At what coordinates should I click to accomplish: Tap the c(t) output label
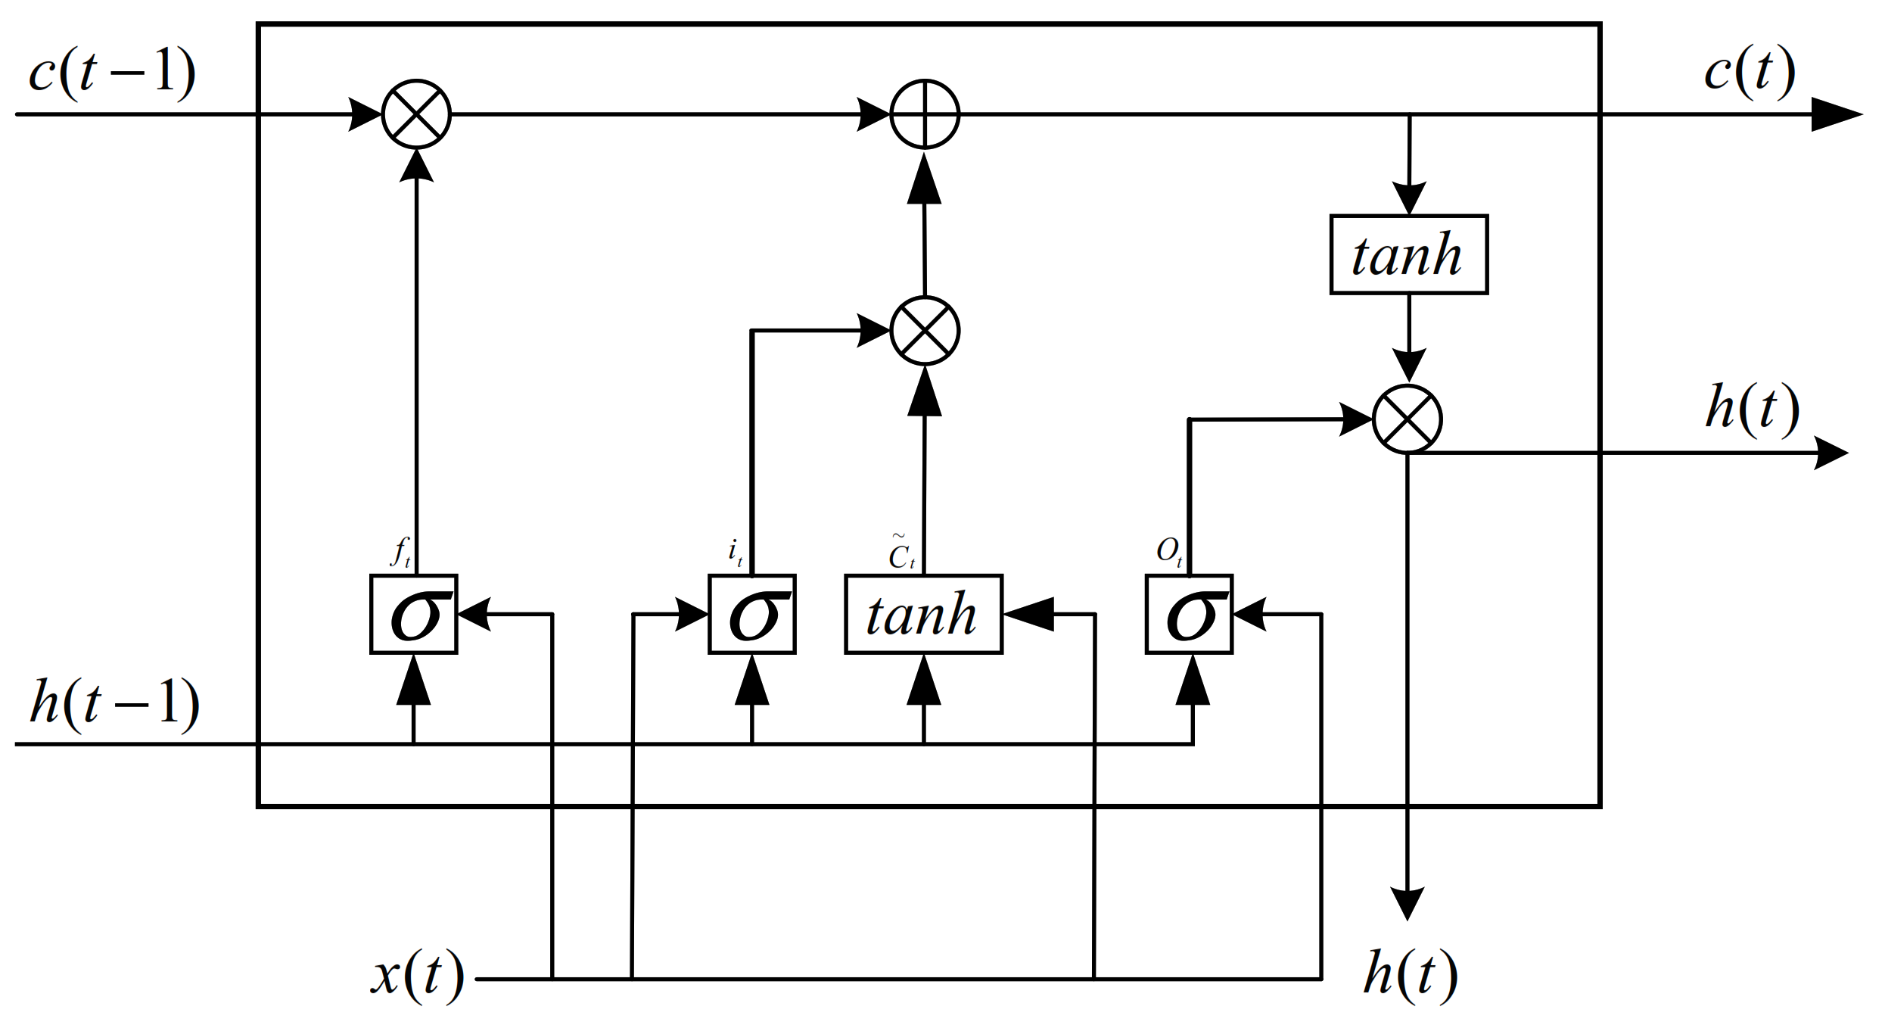(1750, 72)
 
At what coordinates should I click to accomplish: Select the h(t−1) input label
(114, 703)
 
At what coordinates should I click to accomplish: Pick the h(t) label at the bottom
(1411, 975)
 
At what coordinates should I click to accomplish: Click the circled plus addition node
(925, 114)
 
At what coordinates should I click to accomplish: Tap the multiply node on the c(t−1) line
(416, 114)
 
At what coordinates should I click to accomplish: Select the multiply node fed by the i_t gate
(925, 331)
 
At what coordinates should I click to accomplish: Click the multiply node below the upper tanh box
(1408, 419)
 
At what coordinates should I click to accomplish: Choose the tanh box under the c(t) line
(1408, 254)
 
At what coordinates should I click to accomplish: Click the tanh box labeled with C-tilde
(923, 614)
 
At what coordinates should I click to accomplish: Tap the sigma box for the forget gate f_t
(414, 614)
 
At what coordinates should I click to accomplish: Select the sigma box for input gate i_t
(752, 614)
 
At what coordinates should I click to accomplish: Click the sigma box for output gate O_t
(1189, 614)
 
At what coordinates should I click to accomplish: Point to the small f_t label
(401, 551)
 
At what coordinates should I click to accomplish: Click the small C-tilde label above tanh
(901, 552)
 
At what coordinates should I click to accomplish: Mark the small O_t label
(1169, 551)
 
